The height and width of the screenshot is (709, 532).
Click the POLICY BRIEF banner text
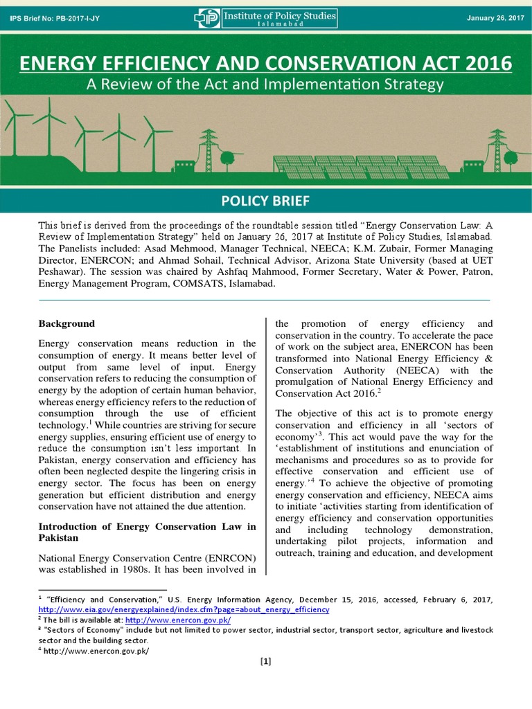265,201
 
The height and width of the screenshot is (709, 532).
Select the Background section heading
66,323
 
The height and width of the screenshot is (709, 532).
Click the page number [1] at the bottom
265,661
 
